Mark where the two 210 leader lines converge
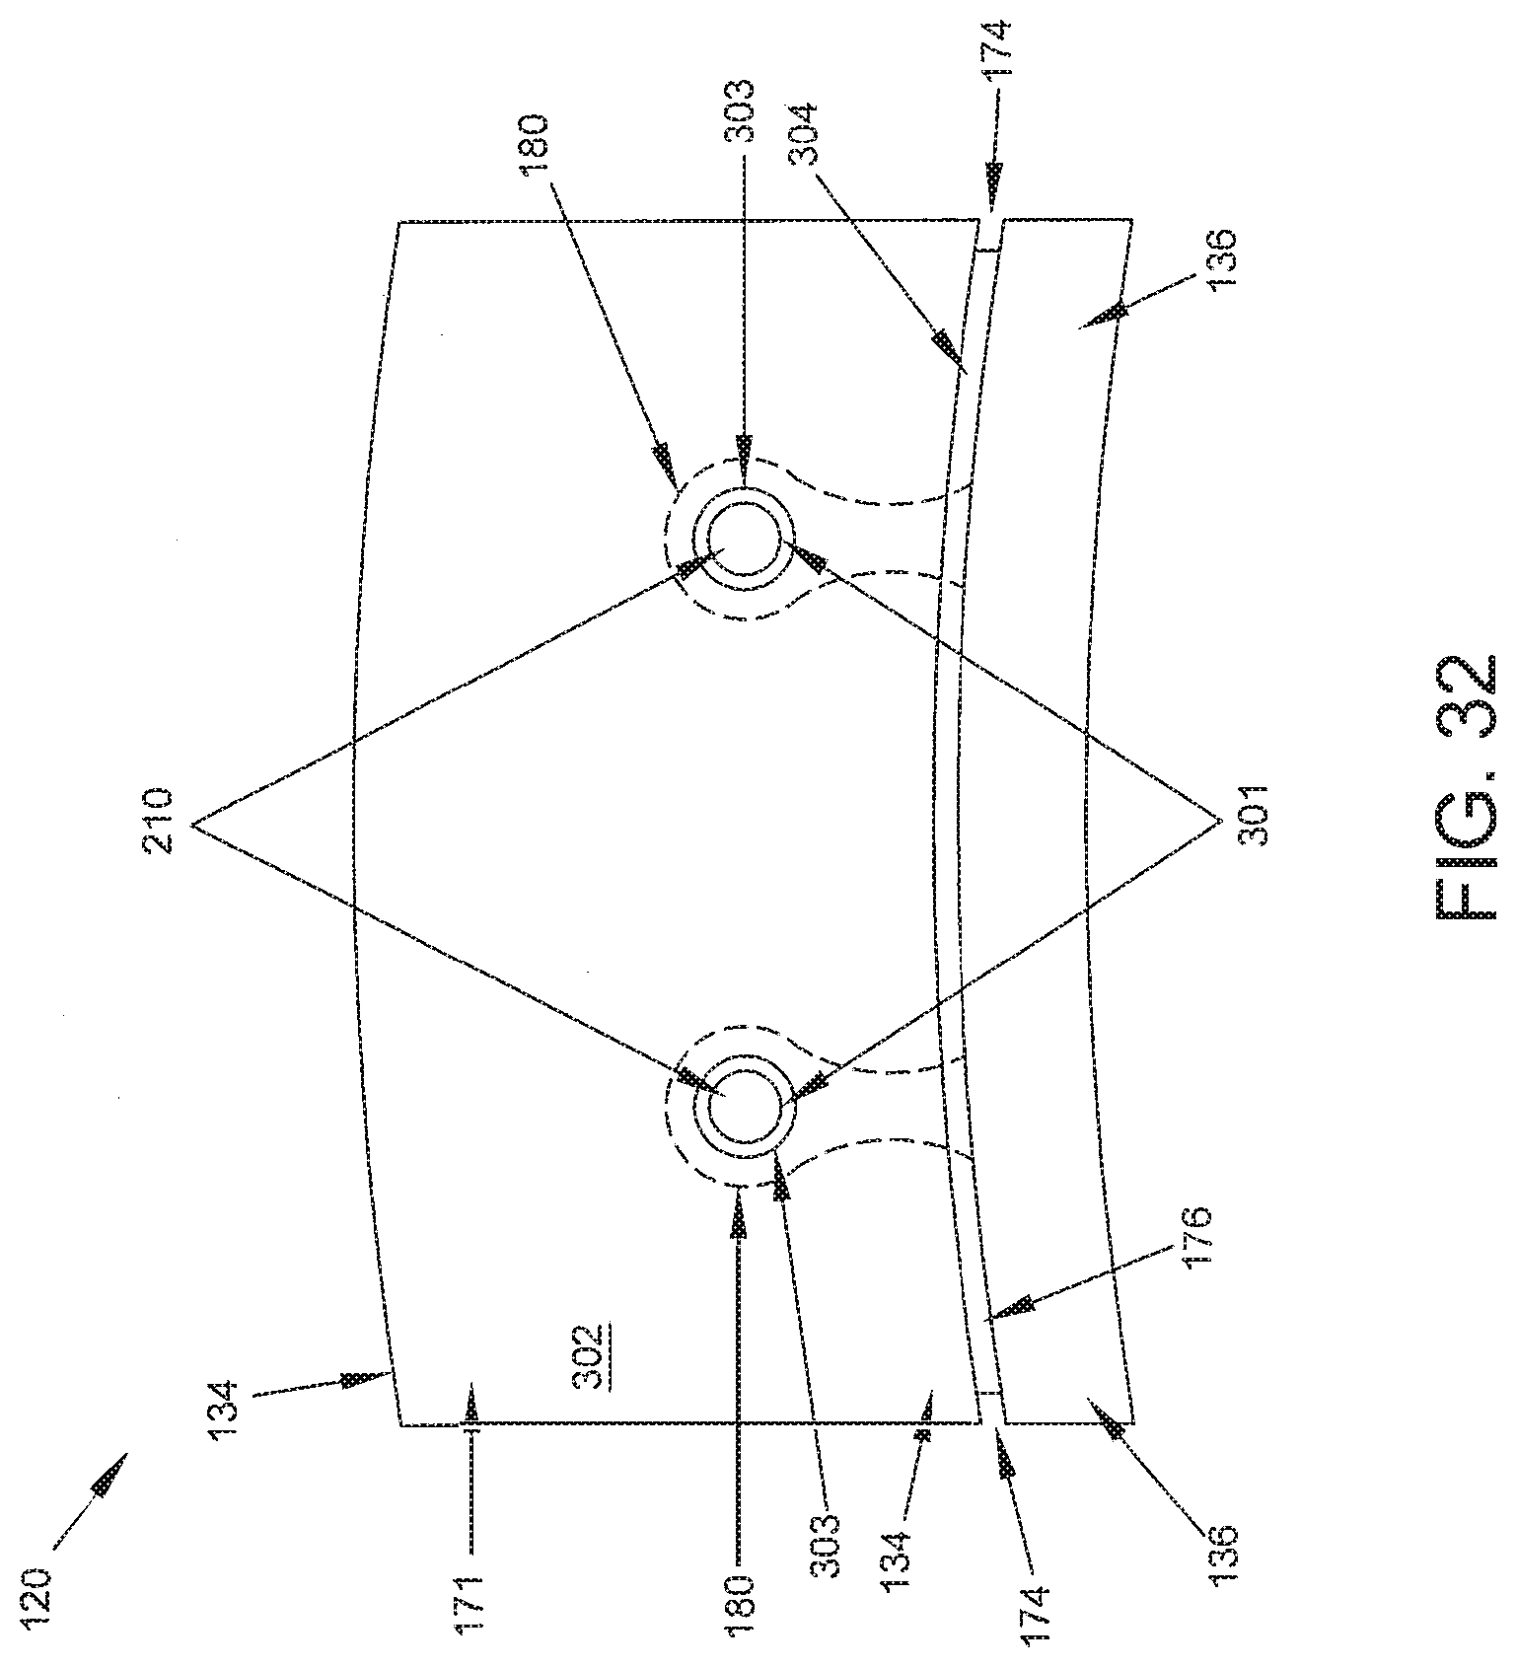[x=194, y=827]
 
